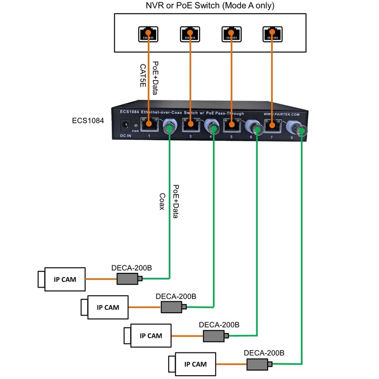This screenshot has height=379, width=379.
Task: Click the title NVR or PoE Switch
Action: point(189,6)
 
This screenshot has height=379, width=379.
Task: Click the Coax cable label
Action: point(162,201)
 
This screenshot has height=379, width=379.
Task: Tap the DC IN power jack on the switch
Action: point(126,126)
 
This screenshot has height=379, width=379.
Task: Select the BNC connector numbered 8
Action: point(299,128)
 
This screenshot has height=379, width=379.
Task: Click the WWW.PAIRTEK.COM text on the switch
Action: point(281,115)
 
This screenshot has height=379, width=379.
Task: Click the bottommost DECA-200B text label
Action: point(264,353)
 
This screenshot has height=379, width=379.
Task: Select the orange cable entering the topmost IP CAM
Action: point(101,279)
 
